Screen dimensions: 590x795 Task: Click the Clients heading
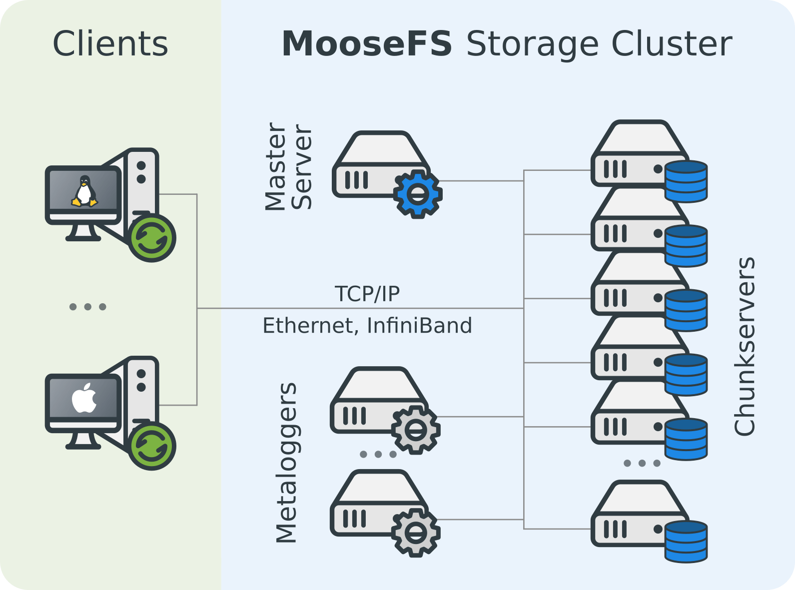coord(110,44)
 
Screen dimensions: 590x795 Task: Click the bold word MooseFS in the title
coord(367,44)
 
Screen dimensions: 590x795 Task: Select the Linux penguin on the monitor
coord(84,191)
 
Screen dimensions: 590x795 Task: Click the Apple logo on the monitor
coord(84,398)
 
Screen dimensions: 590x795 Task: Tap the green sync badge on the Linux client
coord(152,238)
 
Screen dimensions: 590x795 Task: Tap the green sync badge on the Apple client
coord(152,446)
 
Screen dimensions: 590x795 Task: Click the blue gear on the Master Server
coord(418,194)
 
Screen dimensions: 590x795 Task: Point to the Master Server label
coord(288,166)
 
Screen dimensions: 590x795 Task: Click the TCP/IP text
coord(367,294)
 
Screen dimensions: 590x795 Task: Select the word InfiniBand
coord(419,326)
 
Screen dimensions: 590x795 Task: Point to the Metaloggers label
coord(287,463)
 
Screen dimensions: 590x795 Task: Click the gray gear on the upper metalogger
coord(416,430)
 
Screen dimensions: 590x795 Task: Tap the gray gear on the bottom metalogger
coord(416,533)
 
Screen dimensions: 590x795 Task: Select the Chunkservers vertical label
coord(744,346)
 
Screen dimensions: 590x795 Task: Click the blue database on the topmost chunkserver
coord(686,181)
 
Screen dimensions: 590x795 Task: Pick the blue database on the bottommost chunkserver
coord(686,542)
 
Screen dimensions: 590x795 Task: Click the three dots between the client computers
coord(87,307)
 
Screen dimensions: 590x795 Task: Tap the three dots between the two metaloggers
coord(378,454)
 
